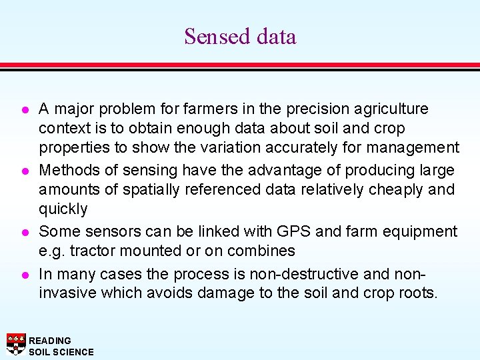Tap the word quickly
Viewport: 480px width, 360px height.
click(x=63, y=209)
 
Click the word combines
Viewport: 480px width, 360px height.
click(x=262, y=251)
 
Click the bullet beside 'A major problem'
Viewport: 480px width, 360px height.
click(x=23, y=109)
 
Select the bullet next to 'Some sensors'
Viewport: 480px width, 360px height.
click(x=23, y=232)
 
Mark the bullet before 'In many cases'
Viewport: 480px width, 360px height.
click(x=23, y=273)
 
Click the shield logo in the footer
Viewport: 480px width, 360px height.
click(x=15, y=344)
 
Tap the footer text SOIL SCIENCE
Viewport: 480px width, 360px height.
click(x=61, y=351)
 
